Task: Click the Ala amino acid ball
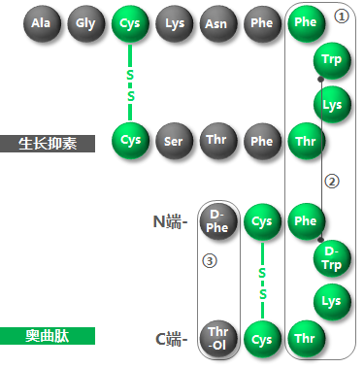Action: [41, 22]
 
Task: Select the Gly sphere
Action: [85, 22]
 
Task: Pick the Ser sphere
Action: [174, 141]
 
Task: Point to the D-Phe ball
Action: [217, 220]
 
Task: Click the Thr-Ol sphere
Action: [217, 339]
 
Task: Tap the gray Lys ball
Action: [174, 22]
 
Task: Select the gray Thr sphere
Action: [217, 141]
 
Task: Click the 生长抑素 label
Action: [49, 144]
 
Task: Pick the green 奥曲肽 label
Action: [49, 336]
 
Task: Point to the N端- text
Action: [170, 222]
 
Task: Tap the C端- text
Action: [170, 340]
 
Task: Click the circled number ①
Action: [339, 17]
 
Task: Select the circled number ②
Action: [332, 181]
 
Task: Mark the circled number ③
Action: [208, 260]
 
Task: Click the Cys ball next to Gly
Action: [130, 22]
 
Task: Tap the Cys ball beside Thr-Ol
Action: [261, 339]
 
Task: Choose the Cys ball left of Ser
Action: [130, 141]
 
